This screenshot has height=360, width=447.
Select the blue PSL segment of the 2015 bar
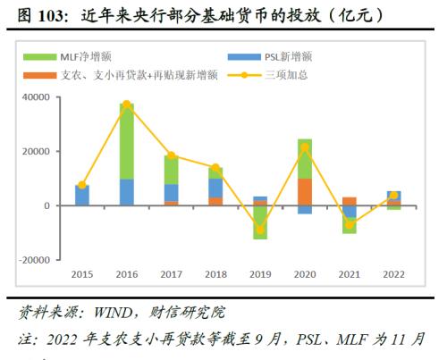[x=82, y=195]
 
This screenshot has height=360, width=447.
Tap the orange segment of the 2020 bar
[x=305, y=191]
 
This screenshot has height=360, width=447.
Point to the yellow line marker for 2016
[x=127, y=105]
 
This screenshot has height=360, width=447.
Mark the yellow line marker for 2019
[x=260, y=230]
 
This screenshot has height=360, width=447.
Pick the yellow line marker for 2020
[x=305, y=147]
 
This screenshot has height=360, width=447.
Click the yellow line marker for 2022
[x=394, y=195]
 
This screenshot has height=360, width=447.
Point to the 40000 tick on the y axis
[x=35, y=96]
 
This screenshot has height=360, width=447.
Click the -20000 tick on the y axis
[x=33, y=260]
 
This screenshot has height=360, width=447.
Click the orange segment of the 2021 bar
[x=350, y=201]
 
